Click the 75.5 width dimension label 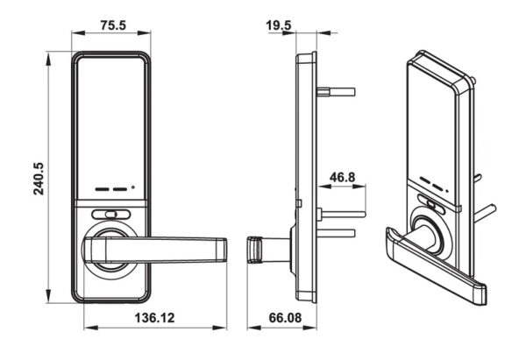pyautogui.click(x=113, y=25)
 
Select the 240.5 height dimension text pyautogui.click(x=39, y=179)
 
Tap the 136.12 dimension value pyautogui.click(x=154, y=317)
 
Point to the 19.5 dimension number pyautogui.click(x=279, y=25)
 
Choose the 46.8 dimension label pyautogui.click(x=342, y=177)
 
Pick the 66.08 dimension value pyautogui.click(x=285, y=317)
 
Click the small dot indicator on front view pyautogui.click(x=133, y=187)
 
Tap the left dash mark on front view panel pyautogui.click(x=103, y=189)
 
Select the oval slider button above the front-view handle pyautogui.click(x=110, y=215)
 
